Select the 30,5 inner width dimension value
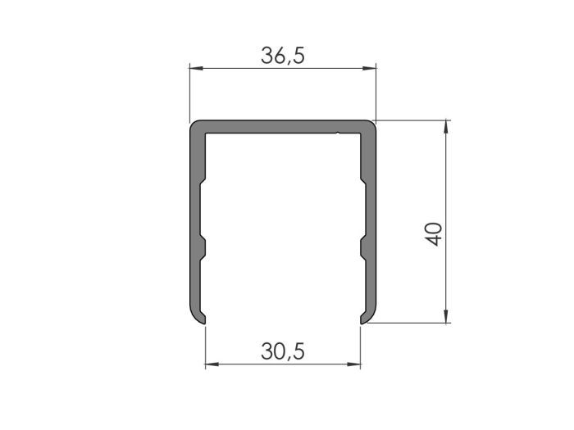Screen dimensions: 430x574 [283, 351]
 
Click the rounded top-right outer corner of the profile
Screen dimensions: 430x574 [371, 126]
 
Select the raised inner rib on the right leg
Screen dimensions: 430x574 [359, 246]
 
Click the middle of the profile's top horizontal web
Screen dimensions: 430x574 [283, 126]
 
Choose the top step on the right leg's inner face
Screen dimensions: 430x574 [362, 184]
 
